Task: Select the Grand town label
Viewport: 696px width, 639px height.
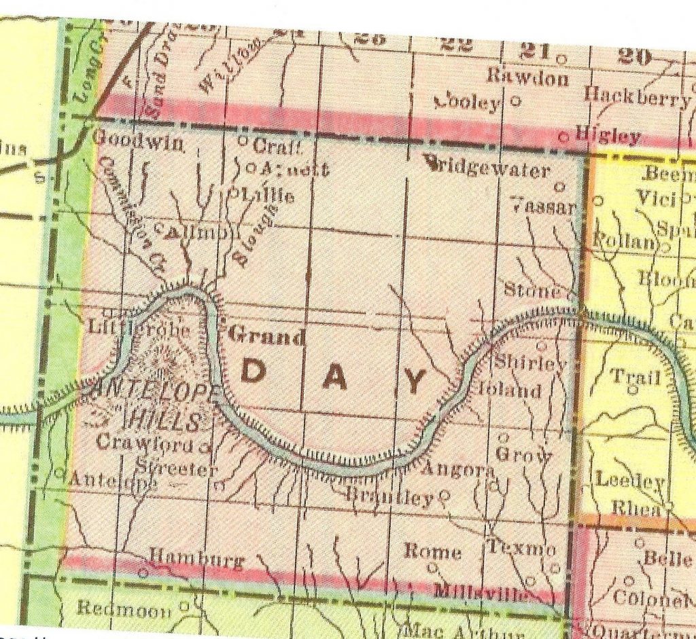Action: pos(266,335)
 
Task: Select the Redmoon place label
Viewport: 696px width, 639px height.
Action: pos(124,608)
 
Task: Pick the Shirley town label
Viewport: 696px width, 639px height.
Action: pos(529,363)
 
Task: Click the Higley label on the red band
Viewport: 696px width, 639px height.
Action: pos(607,135)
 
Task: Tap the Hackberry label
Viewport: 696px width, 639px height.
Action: pos(636,97)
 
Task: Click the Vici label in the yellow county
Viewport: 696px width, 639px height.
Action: pos(655,198)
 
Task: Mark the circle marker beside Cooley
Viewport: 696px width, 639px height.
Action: pos(515,102)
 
